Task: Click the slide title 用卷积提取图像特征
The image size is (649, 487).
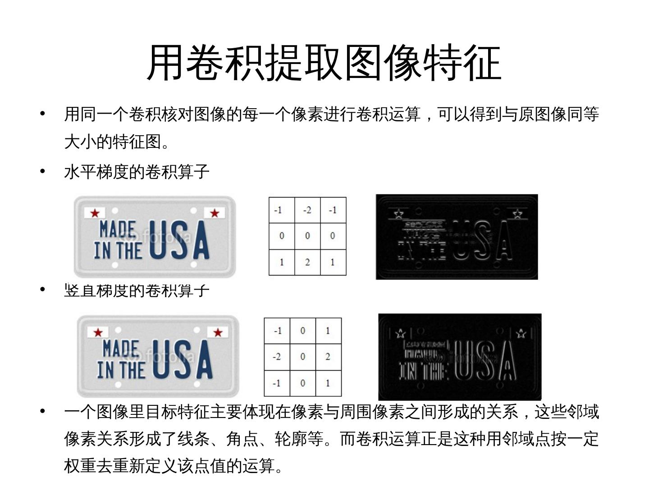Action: coord(324,63)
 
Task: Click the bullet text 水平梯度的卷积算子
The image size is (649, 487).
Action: coord(137,172)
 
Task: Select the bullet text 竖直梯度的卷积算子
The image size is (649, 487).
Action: coord(137,290)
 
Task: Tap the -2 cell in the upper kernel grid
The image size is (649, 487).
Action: coord(307,210)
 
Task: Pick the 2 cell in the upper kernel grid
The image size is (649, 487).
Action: coord(307,262)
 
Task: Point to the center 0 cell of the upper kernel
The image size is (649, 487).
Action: coord(307,236)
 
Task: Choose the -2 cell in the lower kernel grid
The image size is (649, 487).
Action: coord(277,357)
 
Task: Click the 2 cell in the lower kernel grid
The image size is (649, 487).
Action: coord(328,357)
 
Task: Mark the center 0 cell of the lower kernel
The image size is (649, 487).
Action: coord(303,357)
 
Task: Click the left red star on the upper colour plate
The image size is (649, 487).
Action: coord(95,213)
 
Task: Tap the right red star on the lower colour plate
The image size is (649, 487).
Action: coord(218,332)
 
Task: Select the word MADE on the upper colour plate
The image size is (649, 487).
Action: coord(117,229)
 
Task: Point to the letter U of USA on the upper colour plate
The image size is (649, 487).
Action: coord(160,240)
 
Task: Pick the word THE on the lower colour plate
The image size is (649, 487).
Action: coord(133,370)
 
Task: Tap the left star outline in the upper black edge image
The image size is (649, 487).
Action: coord(399,213)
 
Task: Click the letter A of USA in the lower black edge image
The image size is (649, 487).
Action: coord(507,361)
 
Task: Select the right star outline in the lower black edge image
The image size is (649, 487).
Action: coord(521,333)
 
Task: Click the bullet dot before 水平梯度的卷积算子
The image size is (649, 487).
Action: coord(42,171)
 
